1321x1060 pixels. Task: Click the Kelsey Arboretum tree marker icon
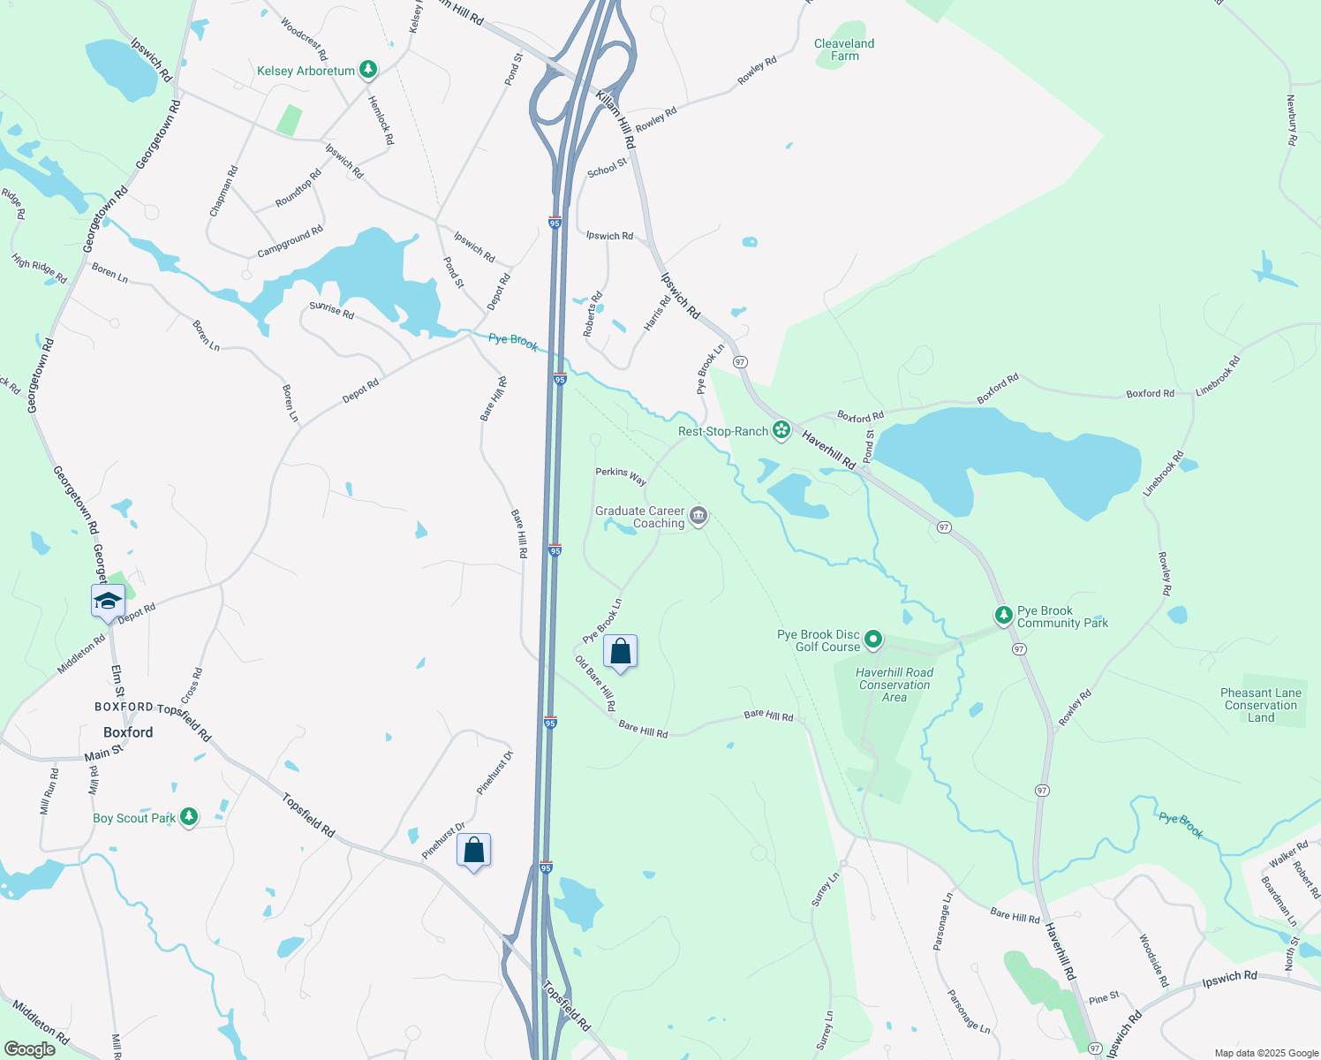pos(368,70)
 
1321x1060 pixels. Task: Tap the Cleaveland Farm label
pos(844,49)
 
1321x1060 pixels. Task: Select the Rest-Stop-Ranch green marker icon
pos(781,431)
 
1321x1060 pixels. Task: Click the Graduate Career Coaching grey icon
pos(698,517)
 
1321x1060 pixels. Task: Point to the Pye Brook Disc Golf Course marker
pos(873,639)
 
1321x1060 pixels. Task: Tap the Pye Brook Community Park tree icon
pos(1003,615)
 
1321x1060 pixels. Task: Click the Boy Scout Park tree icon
pos(188,817)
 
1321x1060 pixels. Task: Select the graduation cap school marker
pos(108,602)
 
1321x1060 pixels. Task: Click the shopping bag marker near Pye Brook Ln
pos(621,652)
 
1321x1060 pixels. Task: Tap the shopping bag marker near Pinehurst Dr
pos(474,851)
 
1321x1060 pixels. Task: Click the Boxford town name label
pos(128,732)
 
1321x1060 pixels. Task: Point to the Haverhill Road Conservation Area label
pos(895,685)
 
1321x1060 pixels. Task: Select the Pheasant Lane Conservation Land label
pos(1261,705)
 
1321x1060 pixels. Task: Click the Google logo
pos(29,1049)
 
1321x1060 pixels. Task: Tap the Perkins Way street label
pos(621,475)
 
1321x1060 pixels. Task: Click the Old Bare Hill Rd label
pos(596,683)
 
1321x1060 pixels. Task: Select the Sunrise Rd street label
pos(331,309)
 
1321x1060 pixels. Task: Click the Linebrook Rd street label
pos(1219,375)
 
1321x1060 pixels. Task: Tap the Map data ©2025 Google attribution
pos(1266,1053)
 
